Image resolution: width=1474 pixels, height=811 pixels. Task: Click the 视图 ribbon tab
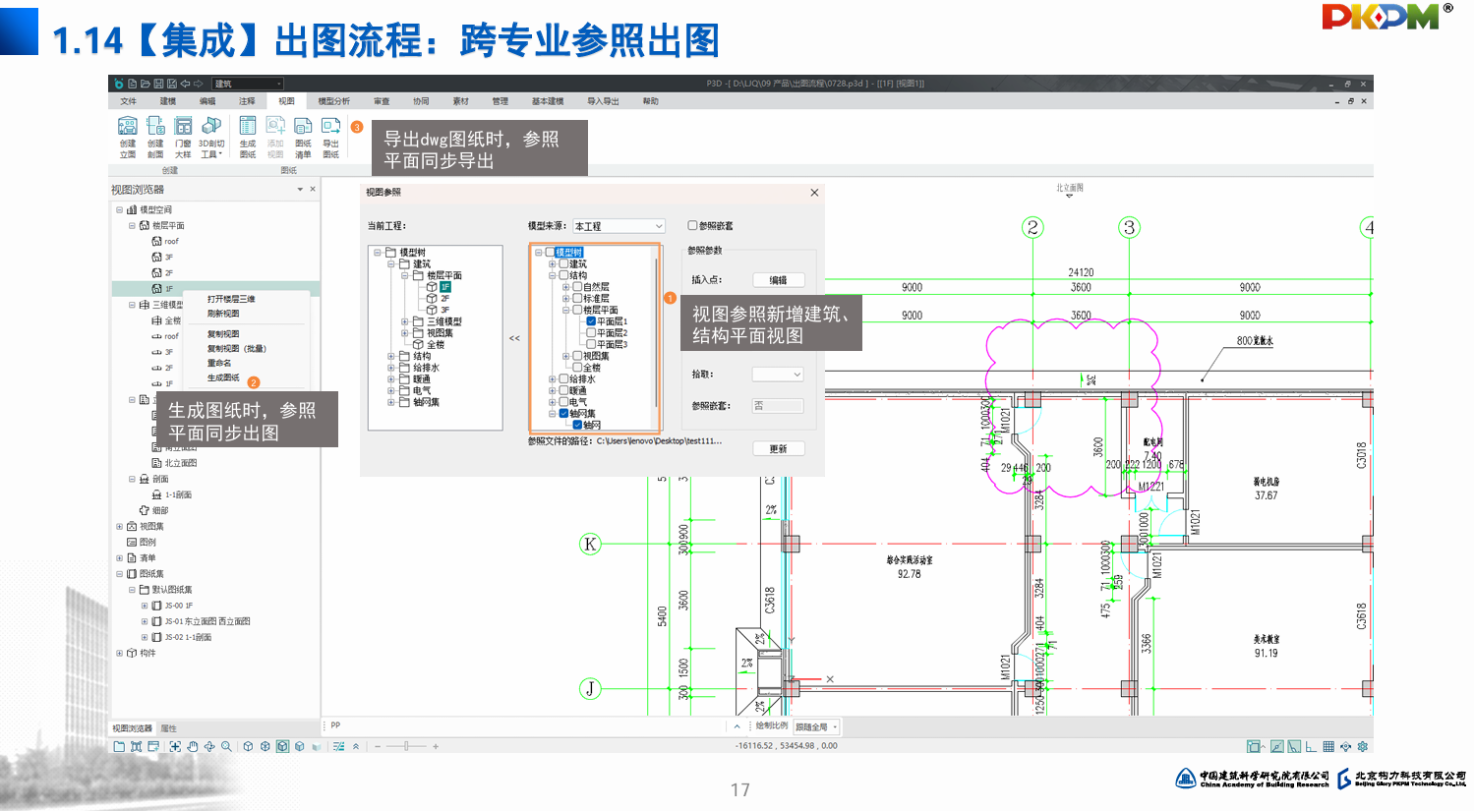tap(286, 101)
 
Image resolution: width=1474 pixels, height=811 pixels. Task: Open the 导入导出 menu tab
tap(603, 101)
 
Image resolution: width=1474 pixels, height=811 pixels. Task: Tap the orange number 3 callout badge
tap(357, 127)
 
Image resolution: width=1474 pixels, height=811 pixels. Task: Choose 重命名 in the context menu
tap(219, 363)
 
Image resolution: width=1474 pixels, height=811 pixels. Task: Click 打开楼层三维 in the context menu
tap(231, 299)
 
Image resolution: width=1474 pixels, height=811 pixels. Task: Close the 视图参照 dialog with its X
tap(814, 193)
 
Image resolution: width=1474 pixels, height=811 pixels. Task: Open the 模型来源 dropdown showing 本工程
tap(619, 226)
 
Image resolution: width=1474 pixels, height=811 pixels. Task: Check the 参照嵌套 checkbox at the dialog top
tap(693, 226)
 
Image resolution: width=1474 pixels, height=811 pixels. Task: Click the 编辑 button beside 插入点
tap(778, 280)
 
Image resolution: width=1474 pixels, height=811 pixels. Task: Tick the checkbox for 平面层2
tap(591, 333)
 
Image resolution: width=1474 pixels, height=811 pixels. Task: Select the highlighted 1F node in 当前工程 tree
tap(444, 287)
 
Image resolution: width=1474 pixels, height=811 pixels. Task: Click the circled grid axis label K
tap(590, 544)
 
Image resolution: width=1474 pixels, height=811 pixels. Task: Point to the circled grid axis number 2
tap(1032, 228)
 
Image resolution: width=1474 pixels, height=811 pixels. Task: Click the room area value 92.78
tap(909, 574)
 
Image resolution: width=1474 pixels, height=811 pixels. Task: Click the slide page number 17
tap(739, 790)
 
